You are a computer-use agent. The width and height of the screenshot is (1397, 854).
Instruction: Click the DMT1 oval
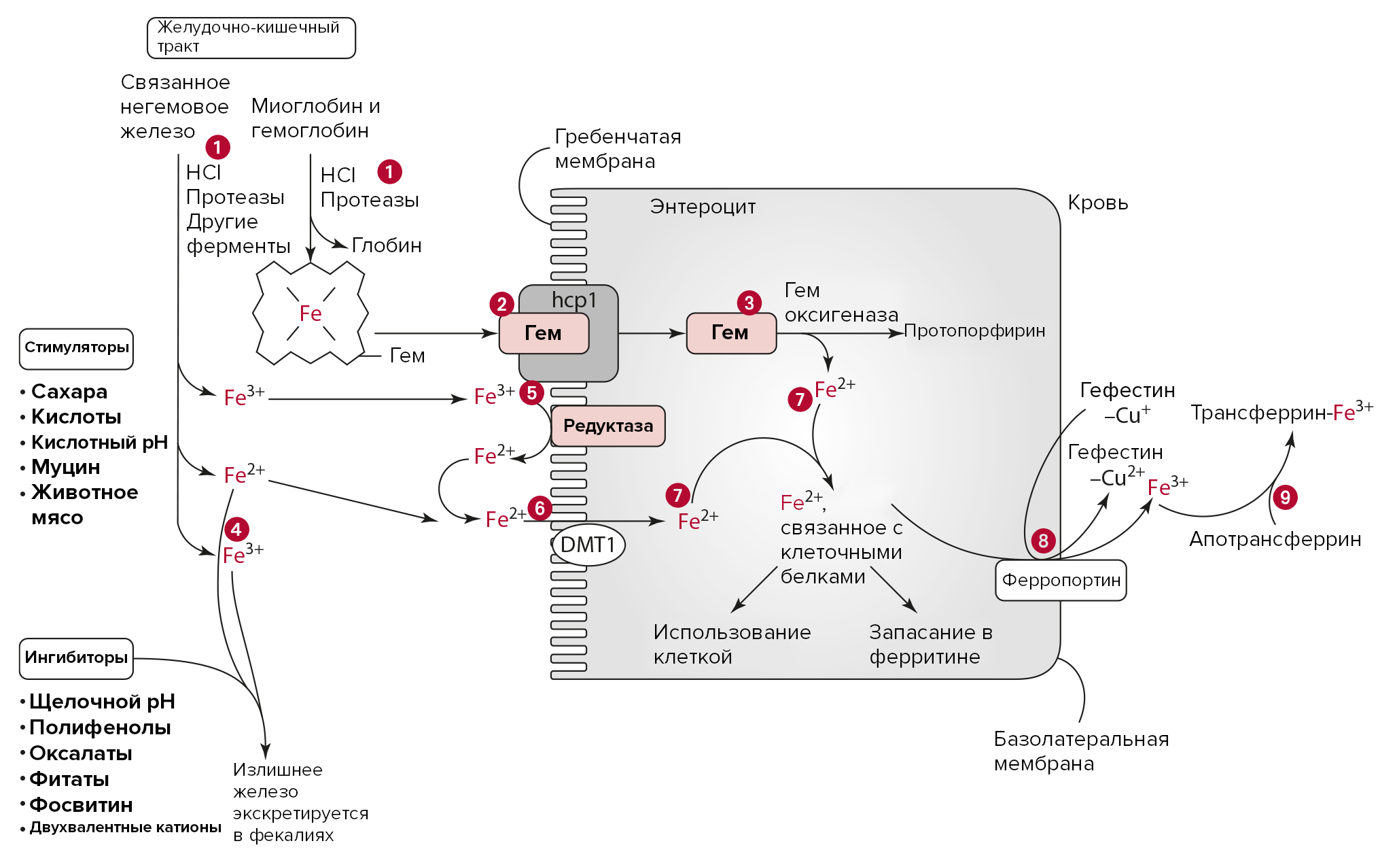pyautogui.click(x=588, y=545)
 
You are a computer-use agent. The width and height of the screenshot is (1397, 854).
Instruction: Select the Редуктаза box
pyautogui.click(x=608, y=426)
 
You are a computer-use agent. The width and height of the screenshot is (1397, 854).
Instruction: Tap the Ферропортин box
pyautogui.click(x=1061, y=580)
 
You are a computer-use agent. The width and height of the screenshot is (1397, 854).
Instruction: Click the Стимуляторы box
pyautogui.click(x=76, y=348)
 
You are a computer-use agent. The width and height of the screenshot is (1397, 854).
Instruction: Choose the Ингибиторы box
pyautogui.click(x=76, y=658)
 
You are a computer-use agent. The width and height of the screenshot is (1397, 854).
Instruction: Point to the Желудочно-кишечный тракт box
pyautogui.click(x=251, y=37)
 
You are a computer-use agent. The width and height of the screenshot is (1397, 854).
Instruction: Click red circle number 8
pyautogui.click(x=1043, y=541)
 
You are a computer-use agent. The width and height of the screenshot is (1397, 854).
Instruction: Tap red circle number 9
pyautogui.click(x=1285, y=498)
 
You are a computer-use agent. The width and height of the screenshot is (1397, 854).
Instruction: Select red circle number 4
pyautogui.click(x=236, y=530)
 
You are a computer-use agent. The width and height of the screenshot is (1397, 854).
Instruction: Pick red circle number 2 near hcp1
pyautogui.click(x=501, y=304)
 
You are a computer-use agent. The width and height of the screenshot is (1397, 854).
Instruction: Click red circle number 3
pyautogui.click(x=749, y=303)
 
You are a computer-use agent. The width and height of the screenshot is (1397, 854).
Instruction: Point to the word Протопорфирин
pyautogui.click(x=974, y=331)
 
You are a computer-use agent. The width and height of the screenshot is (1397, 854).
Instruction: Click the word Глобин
pyautogui.click(x=387, y=245)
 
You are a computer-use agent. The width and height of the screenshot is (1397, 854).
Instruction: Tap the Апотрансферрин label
pyautogui.click(x=1275, y=539)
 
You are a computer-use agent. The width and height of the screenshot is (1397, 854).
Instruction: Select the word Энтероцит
pyautogui.click(x=703, y=207)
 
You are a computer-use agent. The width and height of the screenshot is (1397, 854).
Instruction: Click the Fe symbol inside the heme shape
pyautogui.click(x=311, y=313)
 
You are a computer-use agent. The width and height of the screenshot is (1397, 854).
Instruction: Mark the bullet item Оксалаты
pyautogui.click(x=81, y=753)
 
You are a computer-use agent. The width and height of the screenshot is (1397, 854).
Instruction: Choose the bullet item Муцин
pyautogui.click(x=66, y=467)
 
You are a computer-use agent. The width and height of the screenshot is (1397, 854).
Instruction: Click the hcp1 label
pyautogui.click(x=574, y=300)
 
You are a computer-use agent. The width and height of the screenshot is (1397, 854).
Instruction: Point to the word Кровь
pyautogui.click(x=1097, y=203)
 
